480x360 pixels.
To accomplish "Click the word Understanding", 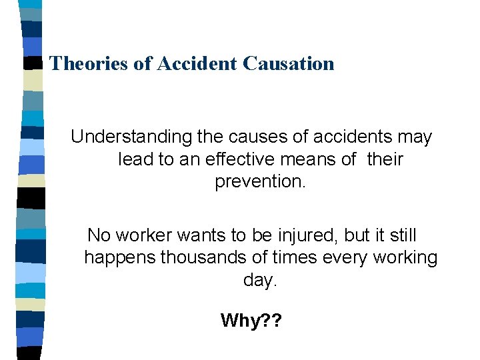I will [x=131, y=138].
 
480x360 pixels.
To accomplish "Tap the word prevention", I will [x=260, y=182].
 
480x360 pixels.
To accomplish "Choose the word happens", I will [x=120, y=258].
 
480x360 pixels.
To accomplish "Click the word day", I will [x=259, y=281].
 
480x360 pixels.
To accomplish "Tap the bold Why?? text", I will [x=251, y=321].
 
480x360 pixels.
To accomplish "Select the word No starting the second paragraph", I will [x=99, y=235].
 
